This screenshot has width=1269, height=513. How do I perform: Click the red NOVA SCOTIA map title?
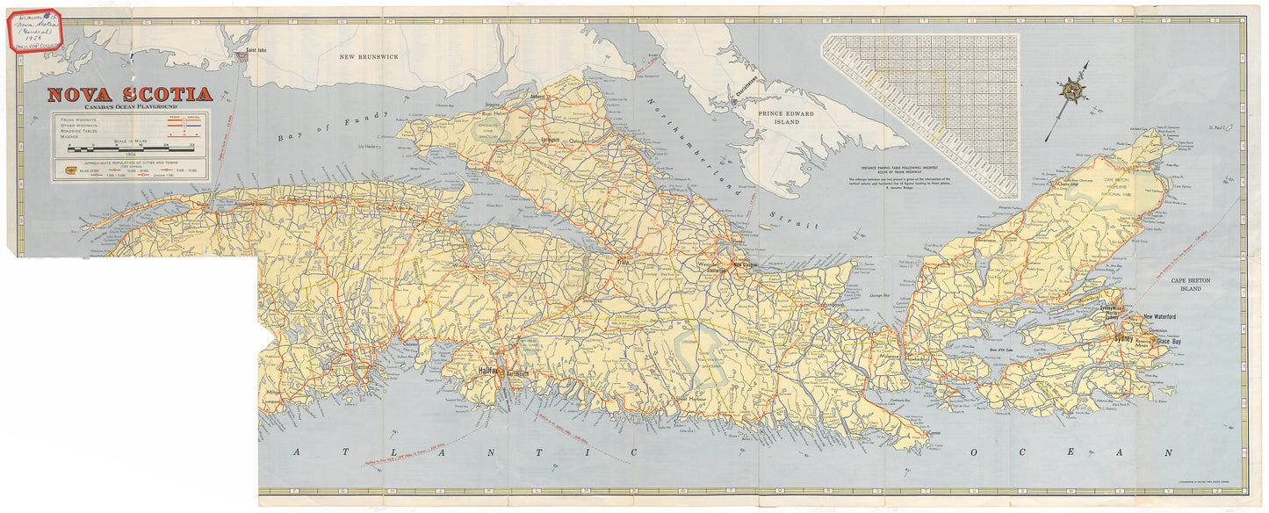point(129,94)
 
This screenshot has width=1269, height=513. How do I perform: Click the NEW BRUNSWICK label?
point(369,56)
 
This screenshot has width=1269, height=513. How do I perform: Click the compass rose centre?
point(1071,90)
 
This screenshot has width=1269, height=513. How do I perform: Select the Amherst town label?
point(537,97)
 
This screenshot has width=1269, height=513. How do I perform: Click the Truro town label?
point(624,262)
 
